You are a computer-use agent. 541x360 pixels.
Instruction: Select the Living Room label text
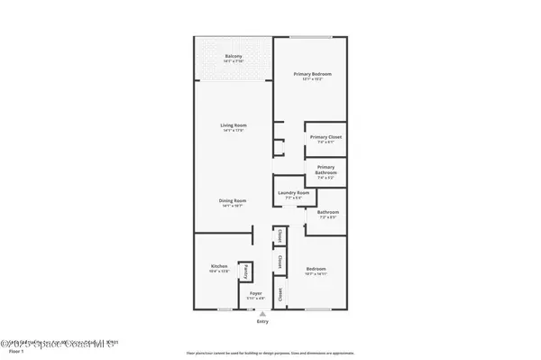tap(234, 127)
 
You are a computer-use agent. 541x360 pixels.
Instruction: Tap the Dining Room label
tap(234, 203)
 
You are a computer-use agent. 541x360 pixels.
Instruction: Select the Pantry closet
tap(243, 272)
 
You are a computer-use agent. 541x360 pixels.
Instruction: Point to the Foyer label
tap(255, 294)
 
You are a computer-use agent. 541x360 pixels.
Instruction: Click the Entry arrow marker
tap(262, 313)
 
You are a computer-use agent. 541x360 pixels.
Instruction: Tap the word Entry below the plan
tap(262, 321)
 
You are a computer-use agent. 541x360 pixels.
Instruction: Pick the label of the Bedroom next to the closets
tap(316, 270)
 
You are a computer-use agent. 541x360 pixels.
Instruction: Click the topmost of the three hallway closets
tap(280, 237)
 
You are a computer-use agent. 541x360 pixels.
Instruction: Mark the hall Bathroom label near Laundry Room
tap(326, 215)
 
